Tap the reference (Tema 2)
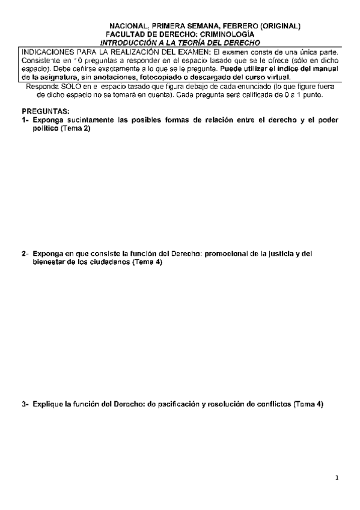pyautogui.click(x=75, y=129)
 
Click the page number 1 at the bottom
pyautogui.click(x=338, y=478)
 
